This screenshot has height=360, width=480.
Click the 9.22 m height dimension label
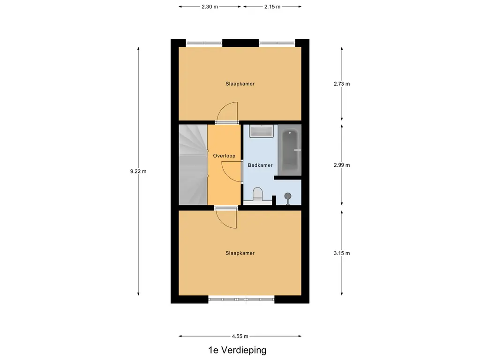point(138,171)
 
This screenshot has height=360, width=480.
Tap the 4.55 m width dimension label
point(240,336)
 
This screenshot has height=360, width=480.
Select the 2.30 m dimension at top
point(210,7)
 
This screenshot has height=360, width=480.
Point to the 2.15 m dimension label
point(272,7)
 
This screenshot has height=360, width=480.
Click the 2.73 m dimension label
point(342,84)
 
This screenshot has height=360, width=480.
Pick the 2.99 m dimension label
point(342,165)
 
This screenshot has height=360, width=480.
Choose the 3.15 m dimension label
point(342,253)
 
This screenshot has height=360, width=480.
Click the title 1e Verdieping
point(238,350)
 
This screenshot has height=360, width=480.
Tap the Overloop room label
point(224,156)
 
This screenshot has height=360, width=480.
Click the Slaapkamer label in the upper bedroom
point(240,84)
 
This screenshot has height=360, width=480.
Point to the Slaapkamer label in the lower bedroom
point(240,253)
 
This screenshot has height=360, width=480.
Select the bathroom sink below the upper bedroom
point(262,131)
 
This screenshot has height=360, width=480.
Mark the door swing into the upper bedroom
point(229,112)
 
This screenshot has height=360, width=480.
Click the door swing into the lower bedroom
point(227,218)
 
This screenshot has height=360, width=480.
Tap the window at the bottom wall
point(241,299)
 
